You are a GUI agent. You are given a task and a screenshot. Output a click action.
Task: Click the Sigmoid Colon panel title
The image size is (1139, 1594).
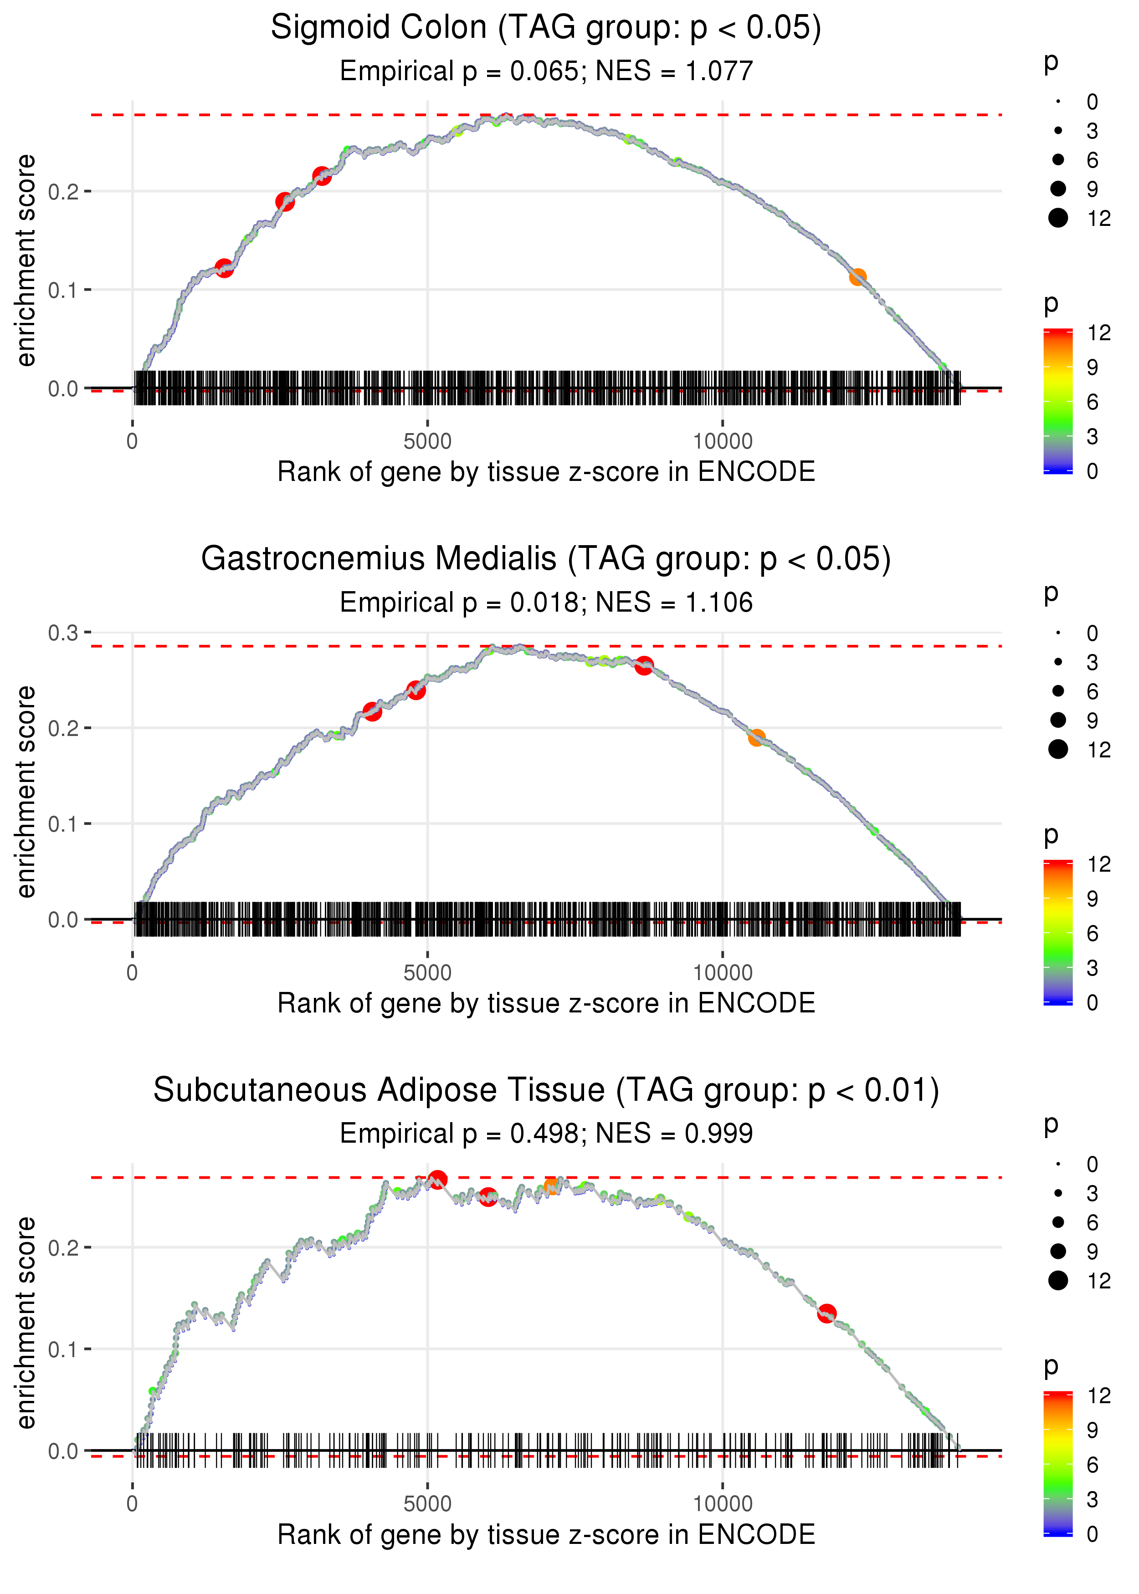[546, 28]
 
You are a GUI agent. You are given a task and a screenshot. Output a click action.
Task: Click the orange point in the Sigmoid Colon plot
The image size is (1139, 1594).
[857, 277]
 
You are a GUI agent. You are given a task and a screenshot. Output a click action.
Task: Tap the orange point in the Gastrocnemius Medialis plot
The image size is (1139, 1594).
[756, 737]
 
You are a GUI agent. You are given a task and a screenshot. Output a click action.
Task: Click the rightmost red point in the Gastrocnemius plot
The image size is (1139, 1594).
[644, 665]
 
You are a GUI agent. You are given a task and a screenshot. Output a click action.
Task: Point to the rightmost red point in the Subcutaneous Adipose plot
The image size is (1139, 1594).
[826, 1313]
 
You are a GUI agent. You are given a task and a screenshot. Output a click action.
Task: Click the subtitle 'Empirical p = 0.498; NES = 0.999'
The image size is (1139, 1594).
[546, 1134]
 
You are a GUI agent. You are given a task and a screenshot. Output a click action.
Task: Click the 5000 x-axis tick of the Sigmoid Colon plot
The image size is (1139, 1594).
[427, 442]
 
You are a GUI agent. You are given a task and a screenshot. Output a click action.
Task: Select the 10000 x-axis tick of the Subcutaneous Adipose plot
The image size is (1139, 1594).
[723, 1503]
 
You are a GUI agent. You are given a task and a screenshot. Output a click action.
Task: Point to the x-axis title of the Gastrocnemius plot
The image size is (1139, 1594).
[546, 1003]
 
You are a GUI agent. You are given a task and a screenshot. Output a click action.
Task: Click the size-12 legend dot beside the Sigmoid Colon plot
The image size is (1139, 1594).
[1057, 218]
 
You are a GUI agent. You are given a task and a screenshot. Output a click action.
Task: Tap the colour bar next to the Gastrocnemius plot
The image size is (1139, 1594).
[1057, 932]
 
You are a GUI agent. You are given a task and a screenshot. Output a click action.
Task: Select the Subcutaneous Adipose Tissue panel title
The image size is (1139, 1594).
[546, 1090]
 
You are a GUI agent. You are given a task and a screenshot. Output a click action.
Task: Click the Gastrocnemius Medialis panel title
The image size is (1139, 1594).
[546, 559]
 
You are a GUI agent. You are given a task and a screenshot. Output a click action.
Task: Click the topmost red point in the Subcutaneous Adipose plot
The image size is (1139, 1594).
[438, 1179]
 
